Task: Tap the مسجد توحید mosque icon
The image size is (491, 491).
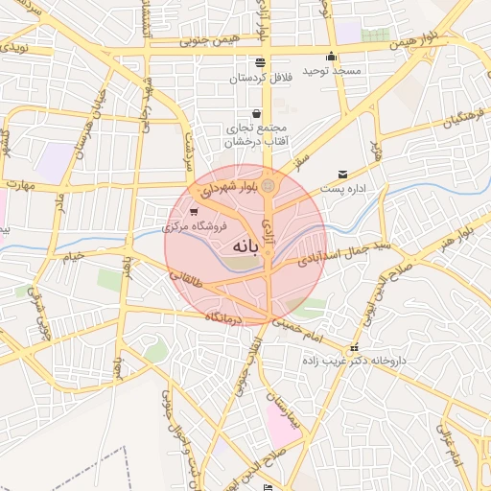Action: (x=332, y=56)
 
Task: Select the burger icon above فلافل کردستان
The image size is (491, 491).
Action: (x=261, y=61)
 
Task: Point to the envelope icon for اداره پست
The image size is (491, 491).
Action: (x=342, y=175)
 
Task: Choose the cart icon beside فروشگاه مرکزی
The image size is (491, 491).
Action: (x=195, y=212)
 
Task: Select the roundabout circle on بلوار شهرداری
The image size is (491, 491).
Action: (x=269, y=185)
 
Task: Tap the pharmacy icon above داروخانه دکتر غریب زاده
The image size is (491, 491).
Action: (x=355, y=347)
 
